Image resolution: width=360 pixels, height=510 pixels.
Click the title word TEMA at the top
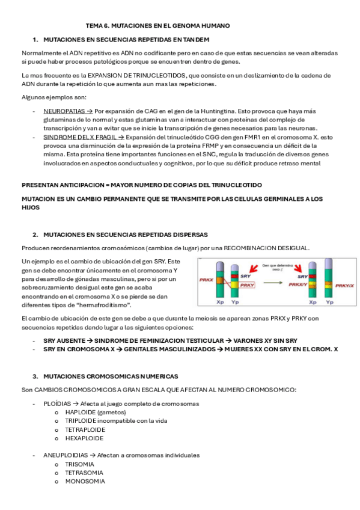click(x=95, y=26)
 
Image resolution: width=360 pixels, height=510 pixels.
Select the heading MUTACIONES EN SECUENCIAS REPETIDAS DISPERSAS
click(x=126, y=234)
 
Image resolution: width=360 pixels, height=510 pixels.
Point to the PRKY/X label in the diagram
click(x=344, y=286)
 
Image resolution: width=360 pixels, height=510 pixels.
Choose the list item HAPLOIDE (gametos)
click(x=92, y=413)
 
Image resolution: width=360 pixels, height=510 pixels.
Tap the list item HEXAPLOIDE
click(x=85, y=438)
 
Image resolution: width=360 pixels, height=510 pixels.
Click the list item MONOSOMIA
click(x=85, y=481)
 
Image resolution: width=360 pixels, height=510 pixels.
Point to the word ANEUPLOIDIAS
click(x=66, y=455)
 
